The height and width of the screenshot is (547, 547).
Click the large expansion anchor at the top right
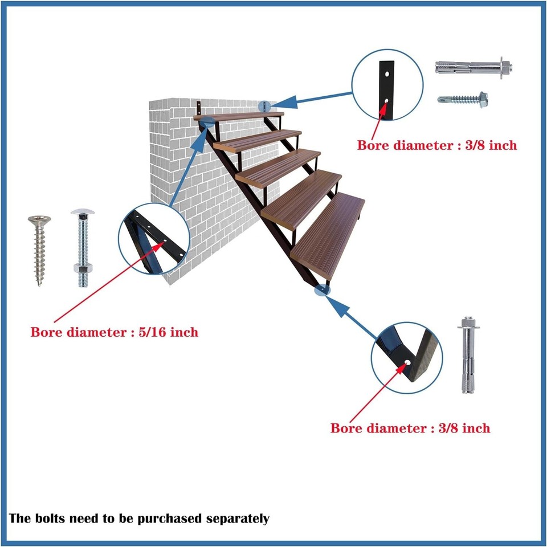(x=476, y=67)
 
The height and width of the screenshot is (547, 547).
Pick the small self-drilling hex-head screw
(x=463, y=99)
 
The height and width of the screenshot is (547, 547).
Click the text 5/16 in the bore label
(x=153, y=331)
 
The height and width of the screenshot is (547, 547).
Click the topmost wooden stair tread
(x=239, y=116)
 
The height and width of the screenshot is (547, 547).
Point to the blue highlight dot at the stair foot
(x=323, y=290)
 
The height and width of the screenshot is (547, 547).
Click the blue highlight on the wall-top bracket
(x=264, y=106)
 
